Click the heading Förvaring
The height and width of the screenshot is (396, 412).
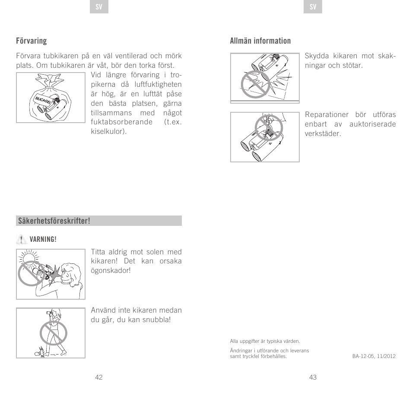pos(31,41)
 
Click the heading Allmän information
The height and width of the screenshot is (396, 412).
pos(260,41)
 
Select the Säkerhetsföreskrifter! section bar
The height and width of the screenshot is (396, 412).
pos(99,221)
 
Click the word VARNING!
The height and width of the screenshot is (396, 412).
pos(43,240)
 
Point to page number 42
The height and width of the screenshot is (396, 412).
pos(99,377)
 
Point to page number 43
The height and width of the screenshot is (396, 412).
pos(313,377)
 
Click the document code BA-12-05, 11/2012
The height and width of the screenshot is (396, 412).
pos(374,356)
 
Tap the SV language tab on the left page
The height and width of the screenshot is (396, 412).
pos(99,7)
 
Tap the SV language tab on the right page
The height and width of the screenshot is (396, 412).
pos(313,7)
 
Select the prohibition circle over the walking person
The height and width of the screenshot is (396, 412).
pos(54,334)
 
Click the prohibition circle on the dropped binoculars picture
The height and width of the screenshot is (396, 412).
pos(255,84)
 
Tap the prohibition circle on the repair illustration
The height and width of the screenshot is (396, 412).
pos(268,128)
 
